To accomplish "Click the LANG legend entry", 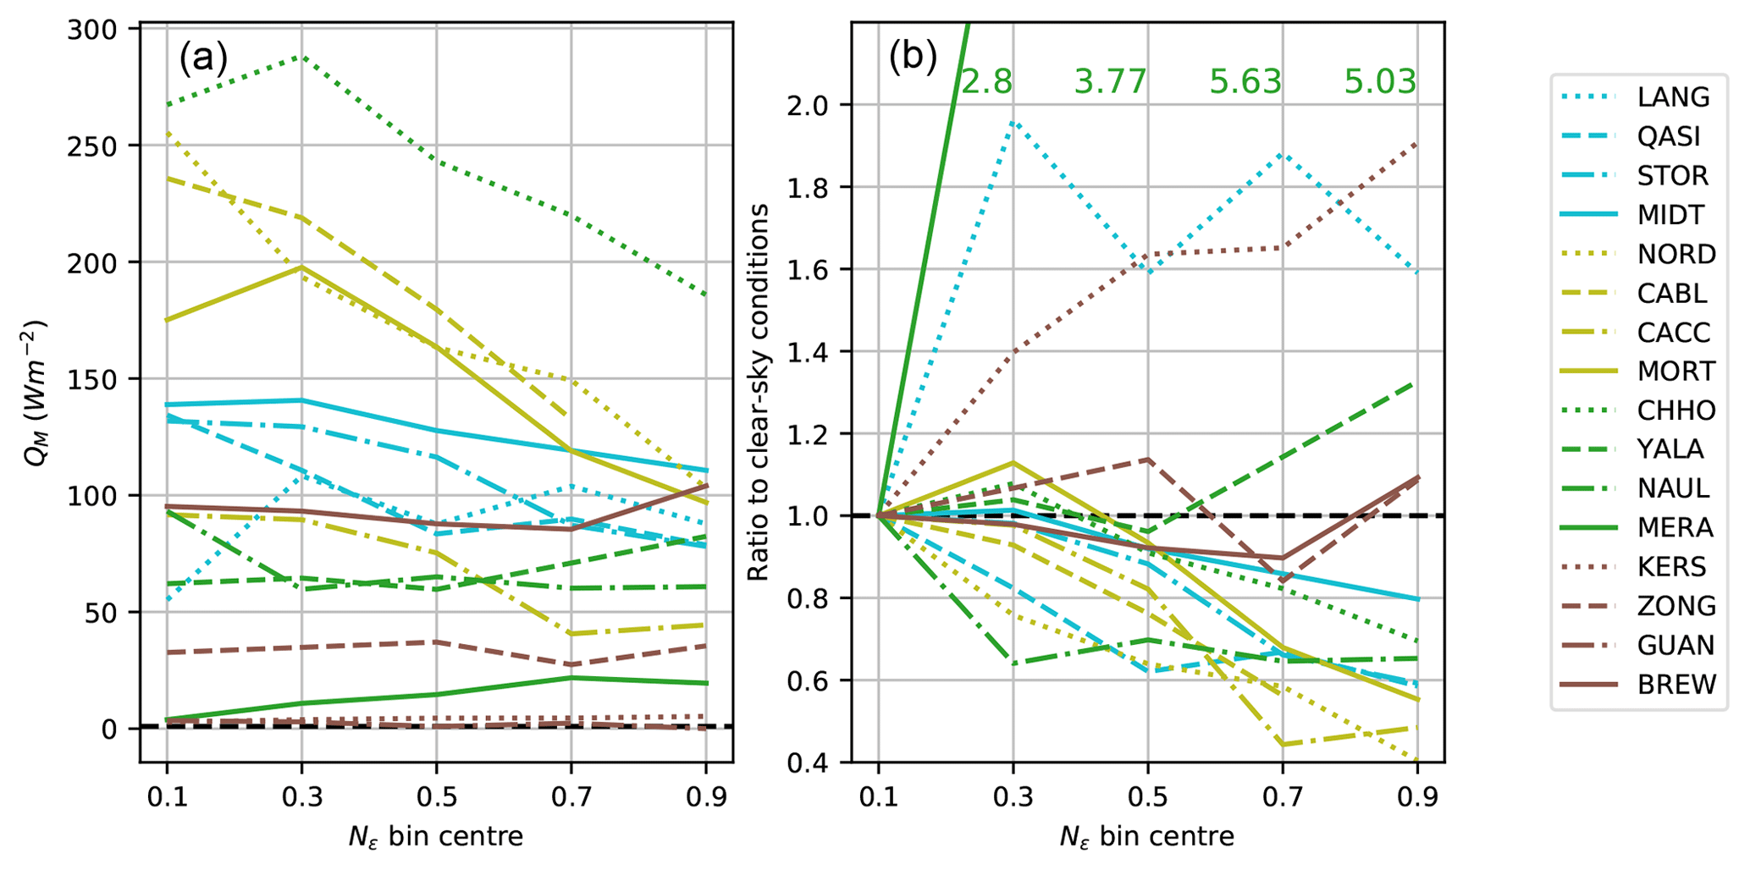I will click(1673, 97).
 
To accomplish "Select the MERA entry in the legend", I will click(1675, 527).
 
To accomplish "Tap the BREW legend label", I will click(1676, 684).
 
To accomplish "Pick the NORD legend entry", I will click(1675, 254).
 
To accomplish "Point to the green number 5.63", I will click(1245, 82).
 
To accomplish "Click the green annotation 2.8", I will click(986, 82).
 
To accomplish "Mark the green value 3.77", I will click(1110, 82).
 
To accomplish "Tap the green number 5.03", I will click(1380, 82).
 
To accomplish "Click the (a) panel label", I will click(203, 58).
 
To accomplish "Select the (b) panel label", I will click(913, 58).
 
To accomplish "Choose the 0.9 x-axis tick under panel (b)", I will click(1417, 796).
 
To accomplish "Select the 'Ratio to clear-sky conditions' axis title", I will click(759, 392).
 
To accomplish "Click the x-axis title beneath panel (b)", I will click(1146, 837).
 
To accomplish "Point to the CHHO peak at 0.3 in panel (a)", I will click(301, 57).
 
